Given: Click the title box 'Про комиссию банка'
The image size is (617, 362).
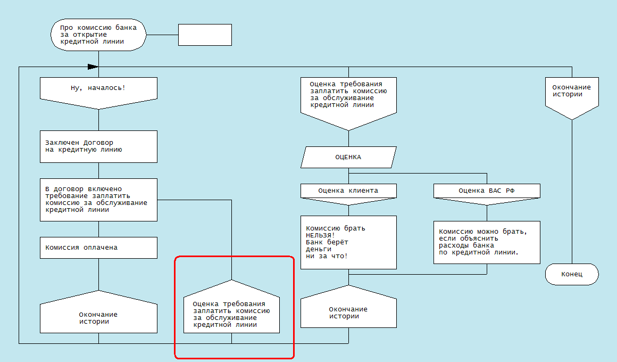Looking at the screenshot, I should [x=98, y=35].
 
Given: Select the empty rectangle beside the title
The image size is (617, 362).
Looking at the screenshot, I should [x=205, y=35].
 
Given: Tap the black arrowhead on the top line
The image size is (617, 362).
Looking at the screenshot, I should [x=93, y=67].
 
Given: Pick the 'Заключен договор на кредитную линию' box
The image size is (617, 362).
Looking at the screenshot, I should [x=98, y=146].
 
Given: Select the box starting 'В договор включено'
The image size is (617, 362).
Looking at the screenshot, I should [x=98, y=200].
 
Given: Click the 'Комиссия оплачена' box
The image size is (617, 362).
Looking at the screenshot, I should [x=98, y=248].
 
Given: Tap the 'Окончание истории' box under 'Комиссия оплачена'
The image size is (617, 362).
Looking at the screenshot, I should [x=98, y=317].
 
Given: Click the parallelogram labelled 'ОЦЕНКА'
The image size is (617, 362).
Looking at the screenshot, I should [x=348, y=157].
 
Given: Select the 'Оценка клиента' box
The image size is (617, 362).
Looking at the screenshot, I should [x=348, y=191].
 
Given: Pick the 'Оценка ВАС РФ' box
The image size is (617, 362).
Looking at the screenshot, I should [x=487, y=191].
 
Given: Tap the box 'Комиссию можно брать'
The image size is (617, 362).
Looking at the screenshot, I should [x=487, y=242].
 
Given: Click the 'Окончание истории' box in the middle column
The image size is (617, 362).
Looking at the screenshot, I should [x=348, y=313].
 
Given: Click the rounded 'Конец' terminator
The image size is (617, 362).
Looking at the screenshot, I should [x=572, y=274].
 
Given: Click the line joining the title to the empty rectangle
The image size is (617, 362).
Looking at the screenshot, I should [x=162, y=35].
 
